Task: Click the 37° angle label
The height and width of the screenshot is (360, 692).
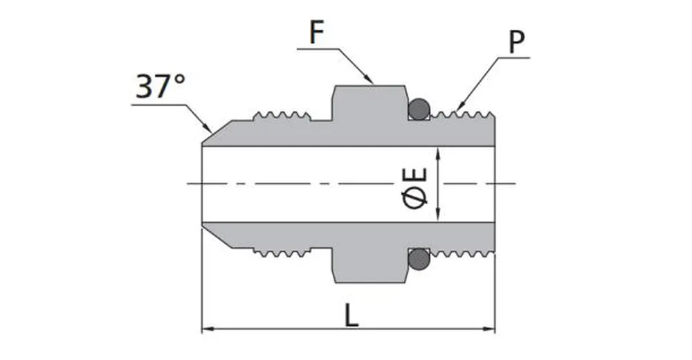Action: click(161, 87)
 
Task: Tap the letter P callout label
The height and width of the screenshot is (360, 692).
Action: click(516, 43)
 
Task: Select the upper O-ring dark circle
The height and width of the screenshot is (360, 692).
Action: click(418, 109)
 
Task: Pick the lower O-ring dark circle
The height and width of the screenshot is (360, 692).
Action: click(418, 260)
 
